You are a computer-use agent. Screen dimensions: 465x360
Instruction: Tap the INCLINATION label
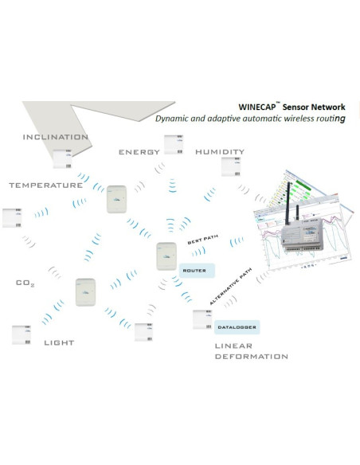click(x=55, y=137)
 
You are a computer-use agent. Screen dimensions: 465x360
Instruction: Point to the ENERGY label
click(x=139, y=152)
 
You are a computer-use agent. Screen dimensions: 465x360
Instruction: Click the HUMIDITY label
click(x=219, y=152)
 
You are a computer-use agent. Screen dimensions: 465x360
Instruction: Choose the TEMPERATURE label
click(x=45, y=186)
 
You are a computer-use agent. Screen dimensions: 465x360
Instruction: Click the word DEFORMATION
click(x=251, y=357)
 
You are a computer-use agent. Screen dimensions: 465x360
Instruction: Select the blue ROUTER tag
click(x=195, y=271)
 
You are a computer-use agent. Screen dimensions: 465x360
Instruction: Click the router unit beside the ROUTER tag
click(x=166, y=256)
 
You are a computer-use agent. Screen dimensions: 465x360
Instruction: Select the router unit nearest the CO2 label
click(x=86, y=291)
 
